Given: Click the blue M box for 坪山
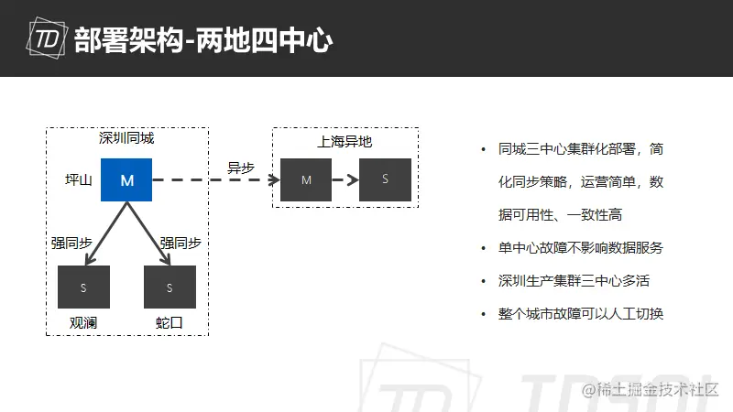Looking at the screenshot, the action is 126,179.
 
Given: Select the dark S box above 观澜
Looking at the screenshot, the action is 83,287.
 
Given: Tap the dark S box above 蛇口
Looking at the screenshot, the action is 170,287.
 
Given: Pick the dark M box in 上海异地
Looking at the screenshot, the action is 306,179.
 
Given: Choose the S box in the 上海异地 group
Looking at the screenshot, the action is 385,179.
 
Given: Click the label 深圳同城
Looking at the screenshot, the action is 126,138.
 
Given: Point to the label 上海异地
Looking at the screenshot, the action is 345,142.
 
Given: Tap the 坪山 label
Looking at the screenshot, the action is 79,179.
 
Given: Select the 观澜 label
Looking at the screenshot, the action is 83,323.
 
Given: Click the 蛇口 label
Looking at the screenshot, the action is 170,323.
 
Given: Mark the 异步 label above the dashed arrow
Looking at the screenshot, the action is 241,168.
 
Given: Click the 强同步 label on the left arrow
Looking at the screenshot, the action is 71,243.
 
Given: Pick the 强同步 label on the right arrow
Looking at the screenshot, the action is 181,243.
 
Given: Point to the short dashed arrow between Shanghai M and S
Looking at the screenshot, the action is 345,179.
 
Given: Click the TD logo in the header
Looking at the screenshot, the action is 47,38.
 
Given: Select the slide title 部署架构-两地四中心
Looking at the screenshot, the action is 203,40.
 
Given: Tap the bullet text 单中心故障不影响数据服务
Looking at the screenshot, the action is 581,247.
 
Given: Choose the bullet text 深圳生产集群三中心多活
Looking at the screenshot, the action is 574,281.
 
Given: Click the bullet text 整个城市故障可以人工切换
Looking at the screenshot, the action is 581,313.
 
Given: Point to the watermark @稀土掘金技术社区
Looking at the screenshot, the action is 650,390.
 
